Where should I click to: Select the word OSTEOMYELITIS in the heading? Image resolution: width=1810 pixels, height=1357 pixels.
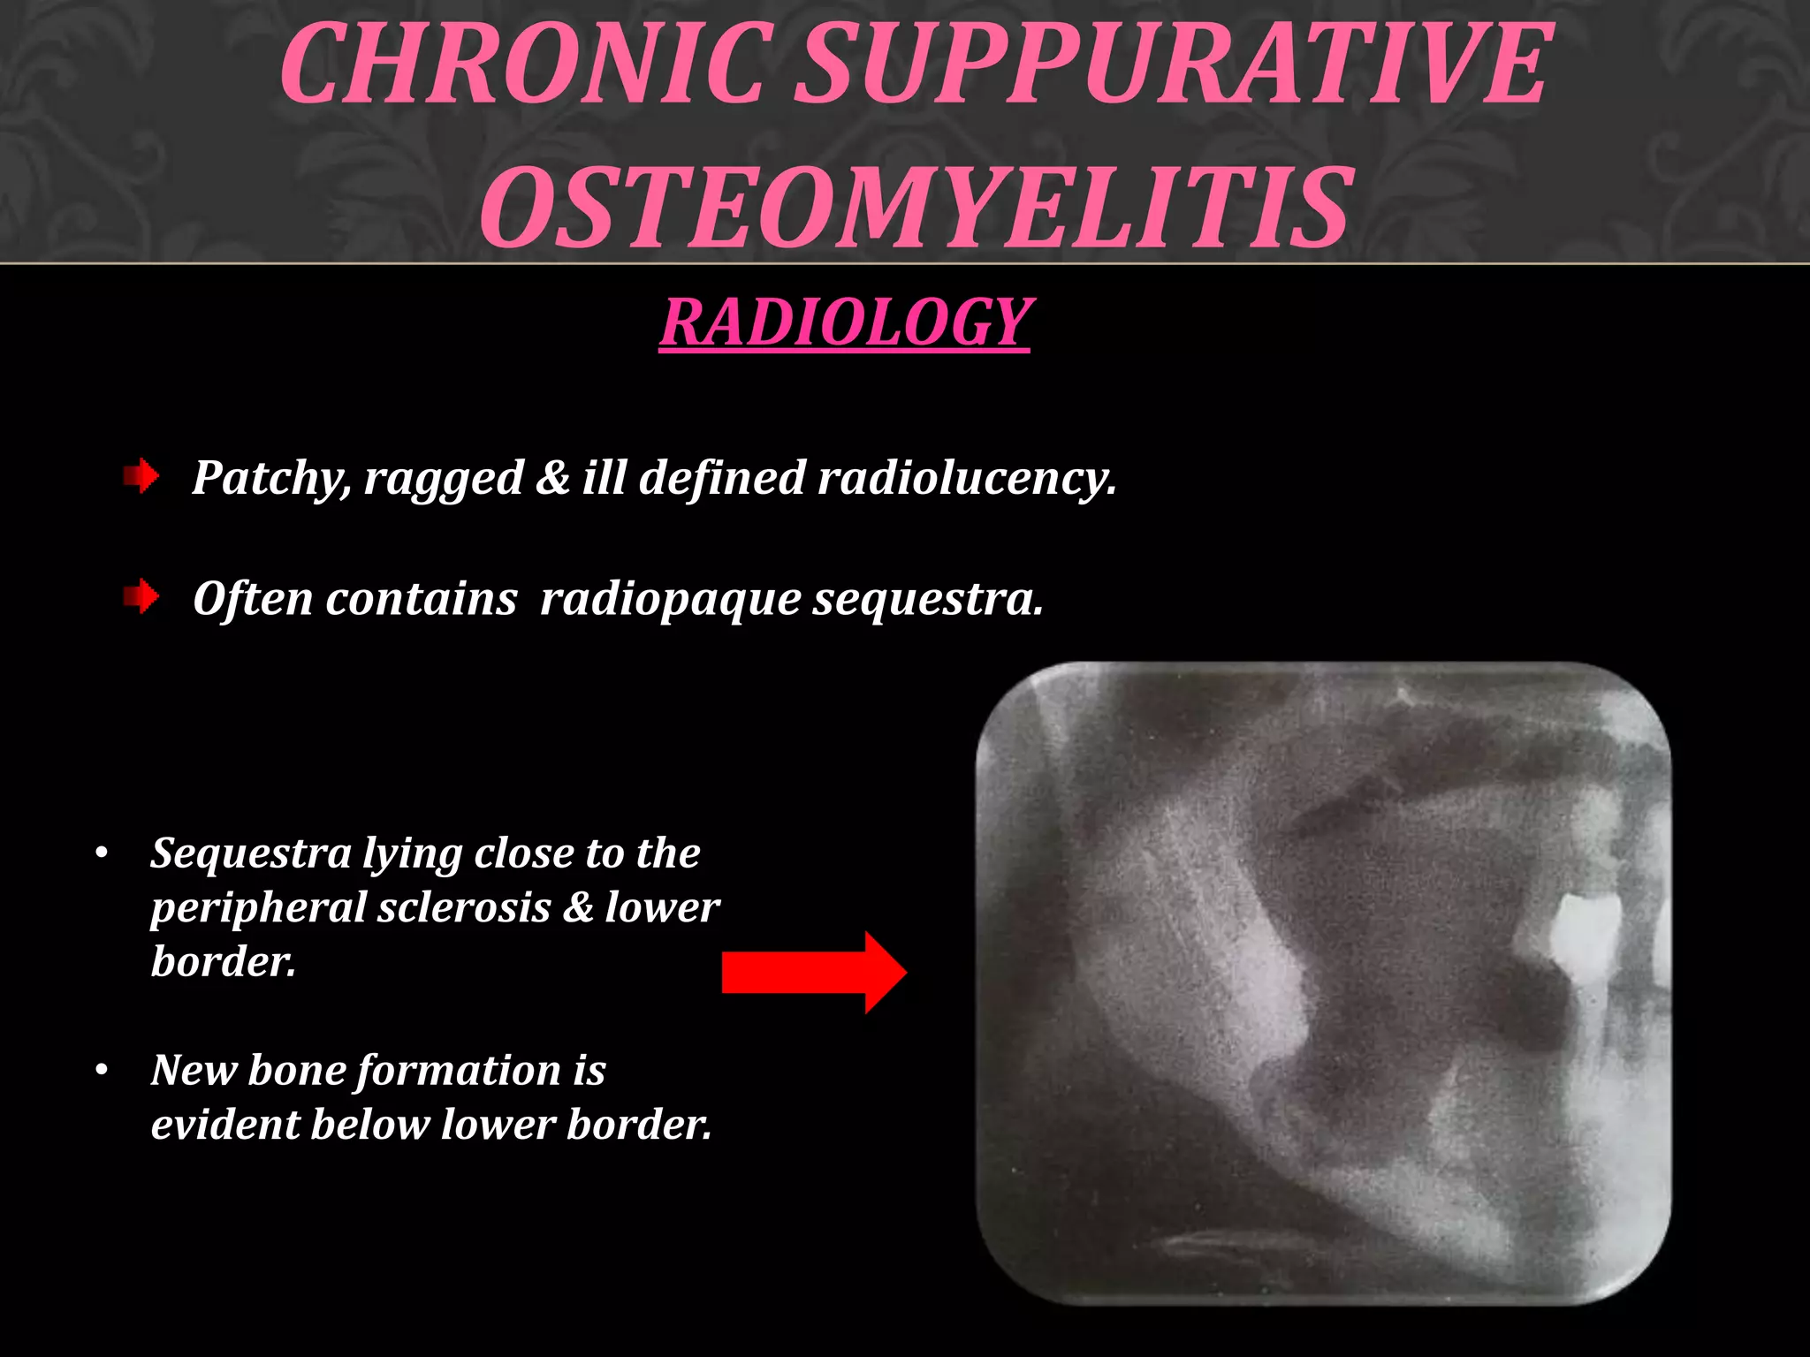[915, 208]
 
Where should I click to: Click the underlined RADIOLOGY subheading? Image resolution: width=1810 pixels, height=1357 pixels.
[845, 322]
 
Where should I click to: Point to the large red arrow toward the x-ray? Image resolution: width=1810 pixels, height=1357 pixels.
[813, 972]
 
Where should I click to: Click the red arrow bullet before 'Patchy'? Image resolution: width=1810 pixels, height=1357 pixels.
[141, 477]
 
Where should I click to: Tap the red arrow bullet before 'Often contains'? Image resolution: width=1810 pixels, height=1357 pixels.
[141, 598]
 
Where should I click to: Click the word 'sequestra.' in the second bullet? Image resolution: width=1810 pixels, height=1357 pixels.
[928, 600]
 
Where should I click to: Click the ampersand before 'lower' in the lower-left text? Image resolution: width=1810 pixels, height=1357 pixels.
[578, 907]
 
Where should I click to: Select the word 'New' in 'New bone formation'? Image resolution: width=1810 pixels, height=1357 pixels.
[192, 1070]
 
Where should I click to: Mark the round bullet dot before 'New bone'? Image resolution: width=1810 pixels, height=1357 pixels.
[103, 1071]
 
